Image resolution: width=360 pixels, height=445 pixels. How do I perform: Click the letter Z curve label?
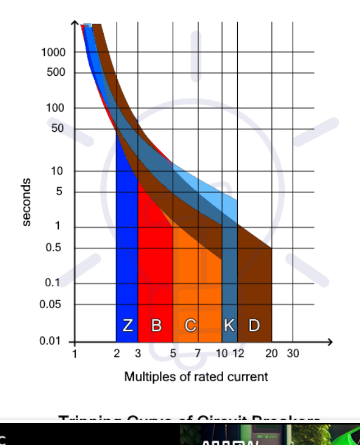[x=128, y=325]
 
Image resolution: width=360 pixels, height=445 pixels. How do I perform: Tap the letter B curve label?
[x=156, y=325]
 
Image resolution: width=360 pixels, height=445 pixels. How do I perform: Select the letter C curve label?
[x=190, y=325]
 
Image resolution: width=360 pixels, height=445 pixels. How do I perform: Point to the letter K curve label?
[x=229, y=325]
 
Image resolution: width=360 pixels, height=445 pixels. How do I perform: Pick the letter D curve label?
[x=254, y=325]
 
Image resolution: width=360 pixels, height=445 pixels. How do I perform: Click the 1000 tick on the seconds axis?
[x=54, y=52]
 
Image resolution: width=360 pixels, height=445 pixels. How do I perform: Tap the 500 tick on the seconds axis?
[x=56, y=73]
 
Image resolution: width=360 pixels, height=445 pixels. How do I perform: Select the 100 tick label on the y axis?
[x=56, y=108]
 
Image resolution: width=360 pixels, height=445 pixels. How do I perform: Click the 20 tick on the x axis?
[x=272, y=354]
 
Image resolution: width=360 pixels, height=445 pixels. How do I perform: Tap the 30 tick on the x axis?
[x=293, y=354]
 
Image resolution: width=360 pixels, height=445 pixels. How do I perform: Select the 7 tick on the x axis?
[x=198, y=354]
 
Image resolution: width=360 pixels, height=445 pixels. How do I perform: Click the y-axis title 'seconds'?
[x=26, y=203]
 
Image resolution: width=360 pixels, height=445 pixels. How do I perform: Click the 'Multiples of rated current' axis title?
[x=196, y=376]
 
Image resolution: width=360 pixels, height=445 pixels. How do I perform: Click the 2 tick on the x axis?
[x=117, y=354]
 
